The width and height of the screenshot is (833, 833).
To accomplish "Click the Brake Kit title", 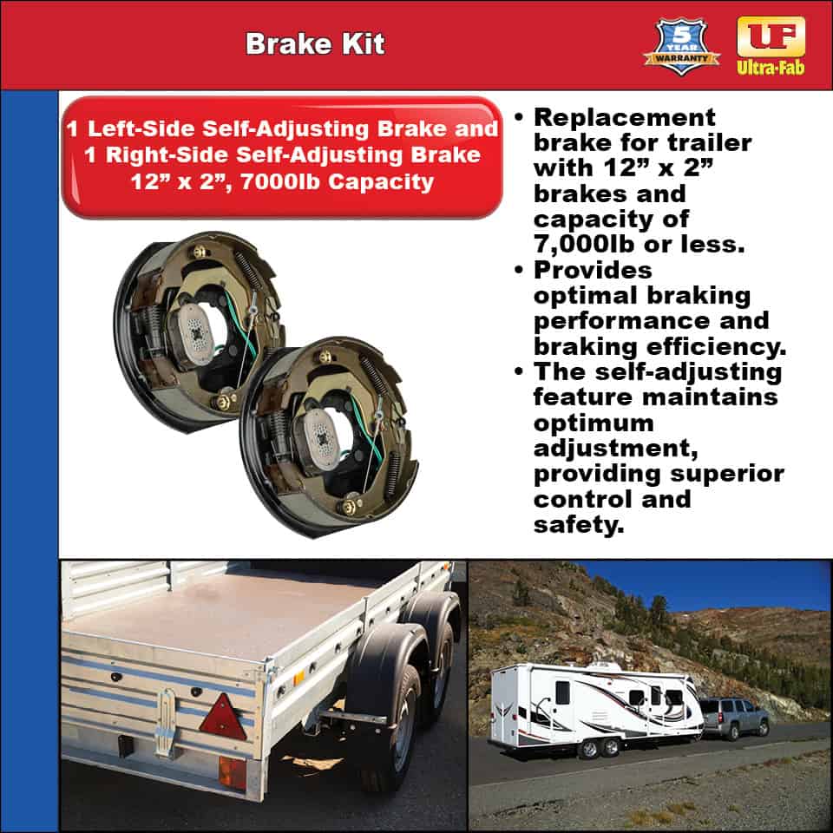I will click(x=315, y=44).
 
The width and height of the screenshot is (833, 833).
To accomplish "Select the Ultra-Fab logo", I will click(x=770, y=45).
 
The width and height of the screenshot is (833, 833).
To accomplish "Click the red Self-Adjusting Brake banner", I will click(x=282, y=156).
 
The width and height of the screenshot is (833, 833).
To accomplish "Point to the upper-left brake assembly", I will click(x=200, y=330).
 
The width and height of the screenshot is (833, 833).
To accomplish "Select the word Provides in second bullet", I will click(x=593, y=270).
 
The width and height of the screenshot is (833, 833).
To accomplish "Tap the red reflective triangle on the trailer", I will click(x=223, y=717).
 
